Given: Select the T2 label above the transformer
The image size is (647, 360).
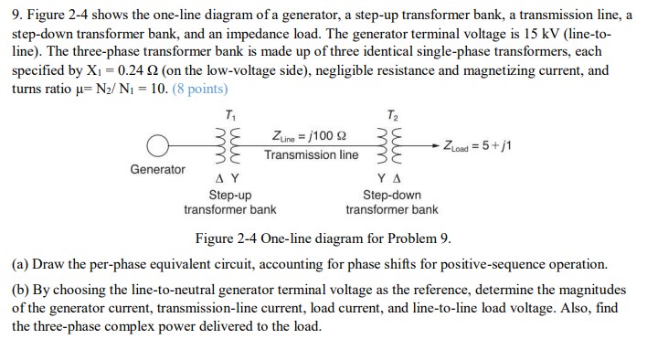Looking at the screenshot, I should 392,114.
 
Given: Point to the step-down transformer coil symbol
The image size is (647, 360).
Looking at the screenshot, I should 392,144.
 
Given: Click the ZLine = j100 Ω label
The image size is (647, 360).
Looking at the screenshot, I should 311,136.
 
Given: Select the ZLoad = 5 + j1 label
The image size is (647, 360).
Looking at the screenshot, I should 476,144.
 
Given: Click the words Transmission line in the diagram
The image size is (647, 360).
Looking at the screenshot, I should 312,155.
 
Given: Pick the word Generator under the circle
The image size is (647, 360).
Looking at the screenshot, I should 157,169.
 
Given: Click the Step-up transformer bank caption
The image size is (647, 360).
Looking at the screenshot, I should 229,202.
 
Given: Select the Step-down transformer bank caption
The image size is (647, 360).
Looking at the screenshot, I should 392,202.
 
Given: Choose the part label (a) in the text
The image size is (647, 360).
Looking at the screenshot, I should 21,264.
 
